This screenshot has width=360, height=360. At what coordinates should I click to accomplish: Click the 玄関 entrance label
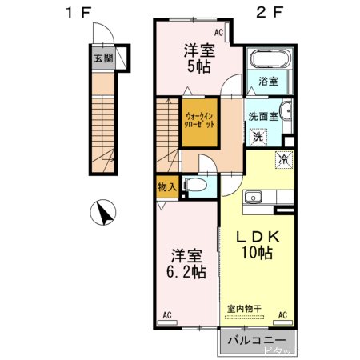(102, 58)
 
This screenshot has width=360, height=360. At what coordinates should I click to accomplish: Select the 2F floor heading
(271, 13)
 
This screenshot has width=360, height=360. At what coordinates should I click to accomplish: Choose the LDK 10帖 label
(256, 245)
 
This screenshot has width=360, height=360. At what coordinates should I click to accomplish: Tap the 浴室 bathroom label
(267, 81)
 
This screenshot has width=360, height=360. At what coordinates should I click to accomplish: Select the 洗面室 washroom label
(262, 116)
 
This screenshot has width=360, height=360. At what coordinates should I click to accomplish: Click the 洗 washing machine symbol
(258, 136)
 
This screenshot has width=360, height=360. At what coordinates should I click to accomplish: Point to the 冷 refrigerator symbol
(284, 158)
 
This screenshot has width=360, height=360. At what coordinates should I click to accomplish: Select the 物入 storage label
(167, 188)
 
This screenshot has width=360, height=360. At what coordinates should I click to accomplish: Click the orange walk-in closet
(198, 122)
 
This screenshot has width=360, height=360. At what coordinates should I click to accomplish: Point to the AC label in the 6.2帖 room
(166, 315)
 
